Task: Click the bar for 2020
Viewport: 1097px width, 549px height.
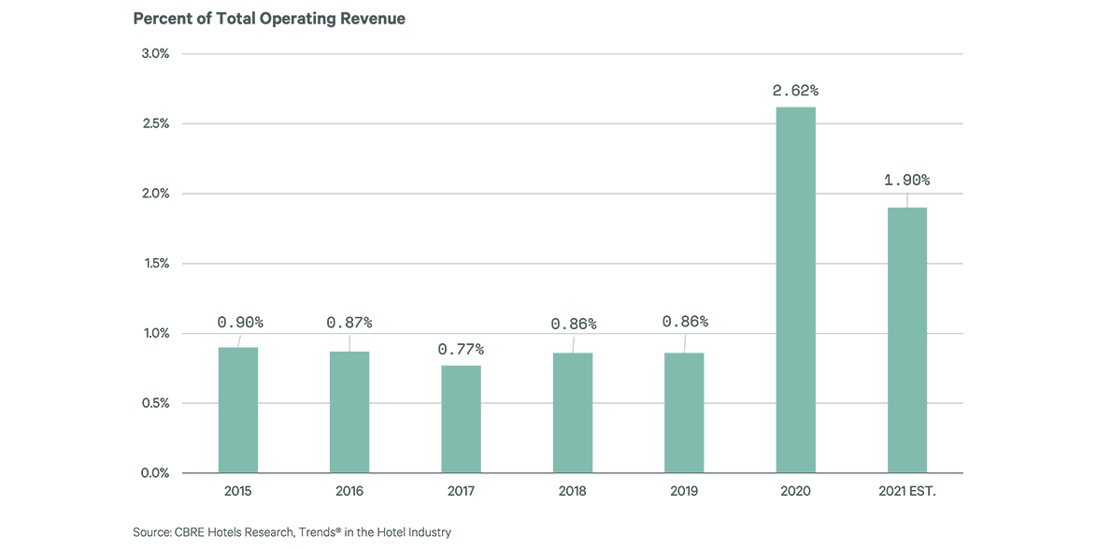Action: point(795,290)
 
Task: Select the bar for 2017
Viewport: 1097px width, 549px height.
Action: point(461,419)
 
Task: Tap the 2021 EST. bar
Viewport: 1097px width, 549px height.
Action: point(906,340)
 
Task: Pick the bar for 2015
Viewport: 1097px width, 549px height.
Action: point(238,410)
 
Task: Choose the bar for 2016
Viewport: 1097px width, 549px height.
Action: point(349,412)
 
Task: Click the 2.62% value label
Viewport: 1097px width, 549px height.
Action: point(795,91)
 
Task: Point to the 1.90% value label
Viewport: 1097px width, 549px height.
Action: point(907,180)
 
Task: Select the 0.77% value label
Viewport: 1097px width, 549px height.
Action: point(461,349)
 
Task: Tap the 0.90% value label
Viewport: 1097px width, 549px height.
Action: point(240,322)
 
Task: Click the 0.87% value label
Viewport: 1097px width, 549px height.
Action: point(349,323)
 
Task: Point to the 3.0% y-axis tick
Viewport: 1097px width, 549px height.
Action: point(155,53)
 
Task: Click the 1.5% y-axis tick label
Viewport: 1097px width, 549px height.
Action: point(155,264)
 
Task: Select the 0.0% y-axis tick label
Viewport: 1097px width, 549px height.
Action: point(155,473)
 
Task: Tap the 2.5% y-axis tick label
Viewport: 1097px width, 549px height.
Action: point(155,123)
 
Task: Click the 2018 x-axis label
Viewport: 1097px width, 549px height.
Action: point(572,491)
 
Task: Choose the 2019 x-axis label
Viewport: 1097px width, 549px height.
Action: point(684,491)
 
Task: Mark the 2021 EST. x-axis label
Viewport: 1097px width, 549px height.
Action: point(906,491)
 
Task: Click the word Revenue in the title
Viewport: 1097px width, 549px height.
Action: point(374,19)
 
